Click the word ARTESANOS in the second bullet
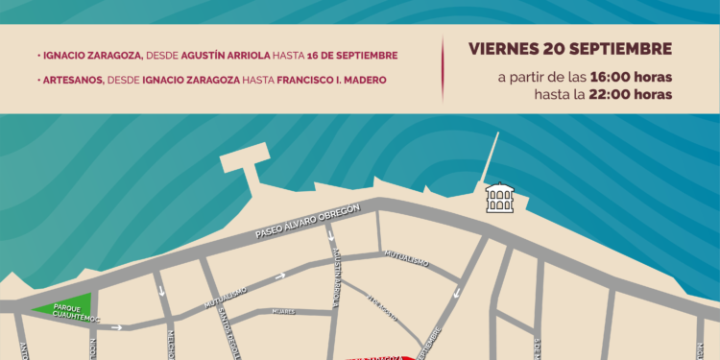click(x=73, y=80)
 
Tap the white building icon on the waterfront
click(x=499, y=198)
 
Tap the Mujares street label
click(x=282, y=311)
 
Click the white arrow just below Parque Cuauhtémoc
click(x=117, y=327)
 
